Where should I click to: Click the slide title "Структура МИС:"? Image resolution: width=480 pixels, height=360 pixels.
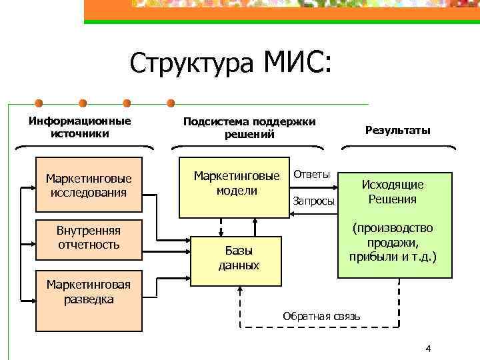coord(229,64)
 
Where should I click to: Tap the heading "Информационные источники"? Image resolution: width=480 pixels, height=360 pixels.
coord(79,127)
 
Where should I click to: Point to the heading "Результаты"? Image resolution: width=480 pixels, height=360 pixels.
coord(397,131)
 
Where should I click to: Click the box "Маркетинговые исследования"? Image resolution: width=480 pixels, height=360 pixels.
coord(89,185)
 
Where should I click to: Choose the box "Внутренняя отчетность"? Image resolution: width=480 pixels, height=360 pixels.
coord(89,237)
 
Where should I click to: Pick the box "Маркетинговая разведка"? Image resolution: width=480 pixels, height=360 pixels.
coord(89,301)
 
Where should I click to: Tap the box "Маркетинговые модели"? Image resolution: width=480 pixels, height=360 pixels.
coord(236,187)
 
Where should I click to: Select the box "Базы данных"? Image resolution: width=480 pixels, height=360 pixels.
coord(239,257)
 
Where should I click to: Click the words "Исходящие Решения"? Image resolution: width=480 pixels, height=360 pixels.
coord(392,192)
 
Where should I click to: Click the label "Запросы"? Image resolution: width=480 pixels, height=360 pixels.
coord(313,201)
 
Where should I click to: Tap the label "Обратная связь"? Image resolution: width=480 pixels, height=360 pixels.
coord(321,315)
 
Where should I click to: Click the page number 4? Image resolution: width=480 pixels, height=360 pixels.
coord(428,349)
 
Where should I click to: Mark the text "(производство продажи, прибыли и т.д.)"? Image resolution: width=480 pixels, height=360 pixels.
coord(393,241)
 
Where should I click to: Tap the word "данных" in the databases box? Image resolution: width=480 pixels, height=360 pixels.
coord(239,265)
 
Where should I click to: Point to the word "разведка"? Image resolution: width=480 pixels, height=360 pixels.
coord(89,299)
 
